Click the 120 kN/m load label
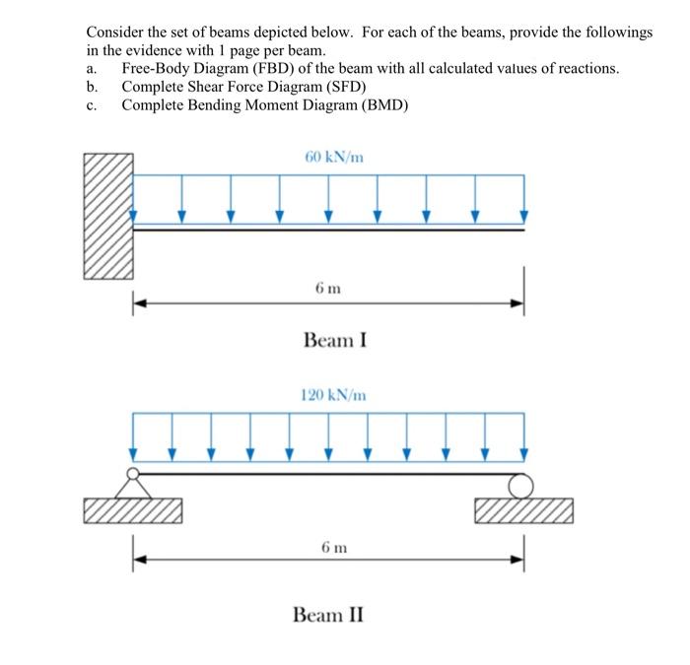point(332,395)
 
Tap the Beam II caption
point(328,615)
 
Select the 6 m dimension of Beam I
point(328,288)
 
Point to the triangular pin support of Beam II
point(132,485)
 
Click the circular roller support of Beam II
point(522,485)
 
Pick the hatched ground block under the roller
point(522,511)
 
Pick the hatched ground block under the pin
point(133,511)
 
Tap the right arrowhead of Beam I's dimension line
point(517,304)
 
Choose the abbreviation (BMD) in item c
point(384,104)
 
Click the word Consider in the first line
point(113,33)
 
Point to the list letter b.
point(90,87)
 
